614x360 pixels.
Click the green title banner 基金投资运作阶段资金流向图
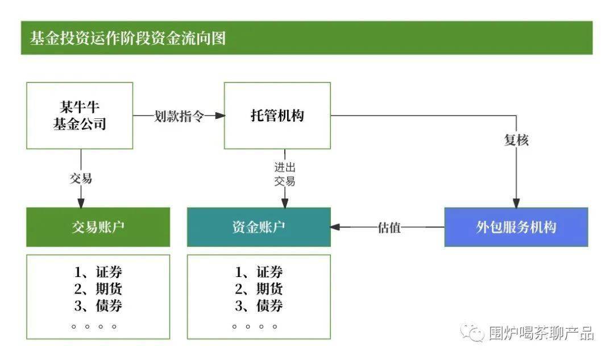306,38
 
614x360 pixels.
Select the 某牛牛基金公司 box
80,115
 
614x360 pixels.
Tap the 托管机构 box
277,115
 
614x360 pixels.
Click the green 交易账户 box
98,227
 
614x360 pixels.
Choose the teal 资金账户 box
259,227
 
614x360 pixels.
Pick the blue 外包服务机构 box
516,227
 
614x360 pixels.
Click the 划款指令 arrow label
179,116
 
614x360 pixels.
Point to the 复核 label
516,140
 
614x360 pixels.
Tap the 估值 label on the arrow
389,227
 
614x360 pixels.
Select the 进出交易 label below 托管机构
285,174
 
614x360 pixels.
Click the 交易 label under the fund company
81,178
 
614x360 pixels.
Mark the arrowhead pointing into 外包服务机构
516,202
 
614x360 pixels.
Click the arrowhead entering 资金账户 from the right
336,227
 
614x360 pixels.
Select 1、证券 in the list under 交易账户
98,272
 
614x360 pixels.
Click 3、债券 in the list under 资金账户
259,305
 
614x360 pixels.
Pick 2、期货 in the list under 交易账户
98,288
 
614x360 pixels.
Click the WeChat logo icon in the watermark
472,332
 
